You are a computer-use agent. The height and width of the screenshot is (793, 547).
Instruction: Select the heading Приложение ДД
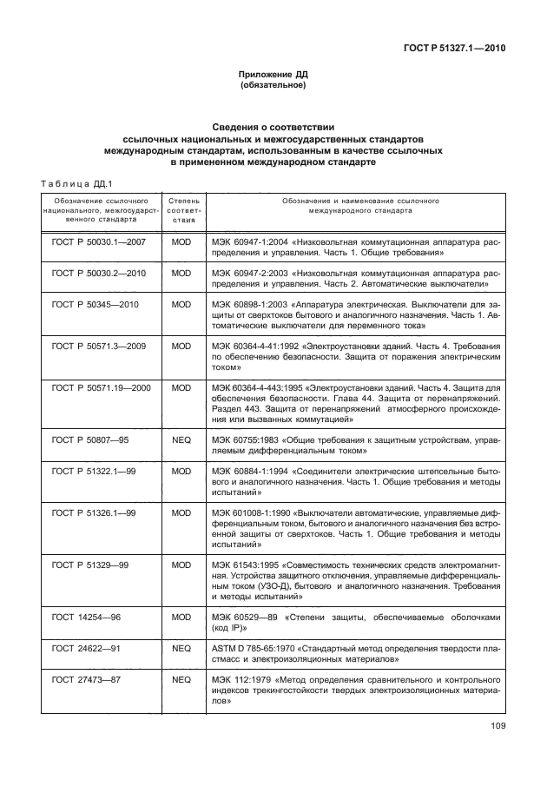(273, 76)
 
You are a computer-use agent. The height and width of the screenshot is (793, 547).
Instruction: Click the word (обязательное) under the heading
(273, 86)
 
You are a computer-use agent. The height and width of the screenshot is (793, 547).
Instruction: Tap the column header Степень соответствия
(181, 210)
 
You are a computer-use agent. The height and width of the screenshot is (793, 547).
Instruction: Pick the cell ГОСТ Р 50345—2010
(101, 305)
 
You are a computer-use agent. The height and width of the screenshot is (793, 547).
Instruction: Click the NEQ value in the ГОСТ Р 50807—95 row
(181, 441)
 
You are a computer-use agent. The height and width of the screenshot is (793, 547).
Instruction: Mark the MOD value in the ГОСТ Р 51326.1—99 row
(181, 512)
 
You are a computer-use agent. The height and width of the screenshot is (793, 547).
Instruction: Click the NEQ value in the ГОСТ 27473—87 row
(181, 677)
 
